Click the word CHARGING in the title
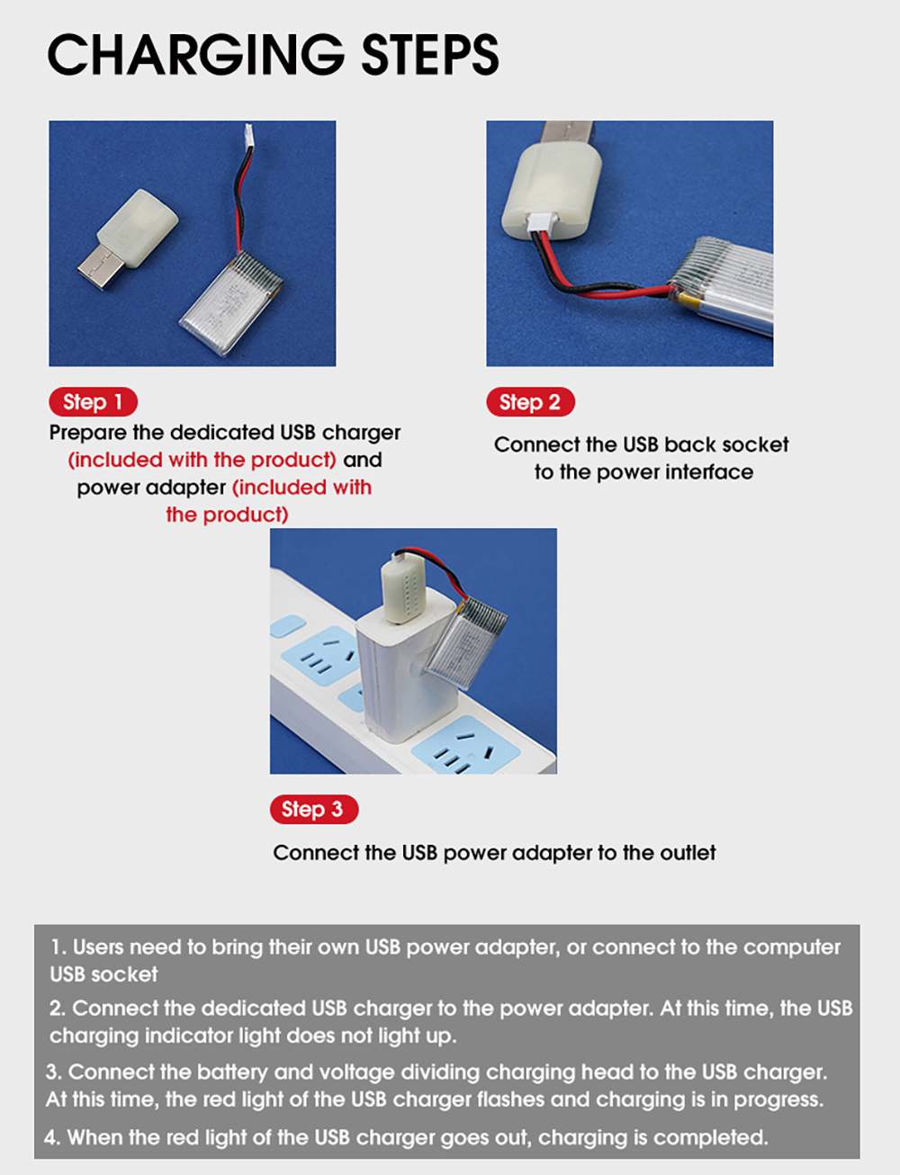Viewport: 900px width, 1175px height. (x=196, y=54)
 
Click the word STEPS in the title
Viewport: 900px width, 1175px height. (x=430, y=54)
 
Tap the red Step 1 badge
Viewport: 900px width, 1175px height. (x=93, y=402)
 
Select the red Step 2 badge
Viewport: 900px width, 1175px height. (x=530, y=402)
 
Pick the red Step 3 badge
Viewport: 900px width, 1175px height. (x=314, y=810)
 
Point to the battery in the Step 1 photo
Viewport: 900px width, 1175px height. (x=232, y=303)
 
